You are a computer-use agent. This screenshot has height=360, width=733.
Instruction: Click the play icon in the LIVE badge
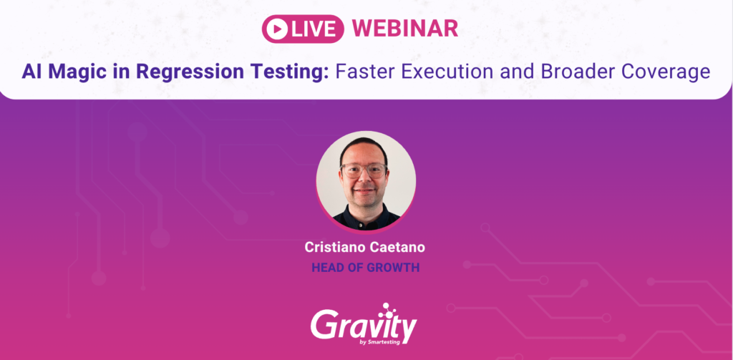[277, 29]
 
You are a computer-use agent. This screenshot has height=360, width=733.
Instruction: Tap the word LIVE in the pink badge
[314, 29]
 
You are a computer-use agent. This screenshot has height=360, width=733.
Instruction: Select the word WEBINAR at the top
[405, 29]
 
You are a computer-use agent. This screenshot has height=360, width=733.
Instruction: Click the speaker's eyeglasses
[364, 170]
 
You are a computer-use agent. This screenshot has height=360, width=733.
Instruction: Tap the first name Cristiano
[334, 248]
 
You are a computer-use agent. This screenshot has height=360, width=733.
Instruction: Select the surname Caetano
[397, 248]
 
